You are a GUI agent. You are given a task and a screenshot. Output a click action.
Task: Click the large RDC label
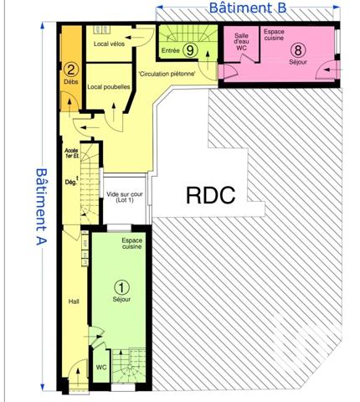pos(210,195)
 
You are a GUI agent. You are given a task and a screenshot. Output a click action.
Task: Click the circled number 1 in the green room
pos(122,286)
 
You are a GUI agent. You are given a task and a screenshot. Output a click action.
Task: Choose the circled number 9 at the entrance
pos(191,50)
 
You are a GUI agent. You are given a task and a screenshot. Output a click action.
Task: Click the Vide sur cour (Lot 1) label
pos(125,198)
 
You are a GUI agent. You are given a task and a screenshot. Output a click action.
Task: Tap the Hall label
pos(73,302)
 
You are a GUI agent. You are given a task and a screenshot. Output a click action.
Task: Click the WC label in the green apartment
pos(100,366)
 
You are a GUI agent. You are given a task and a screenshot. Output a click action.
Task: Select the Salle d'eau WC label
pos(242,42)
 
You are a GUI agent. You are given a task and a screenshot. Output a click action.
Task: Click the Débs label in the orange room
pos(70,83)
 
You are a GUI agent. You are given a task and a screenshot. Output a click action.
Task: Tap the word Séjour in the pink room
pos(296,62)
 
